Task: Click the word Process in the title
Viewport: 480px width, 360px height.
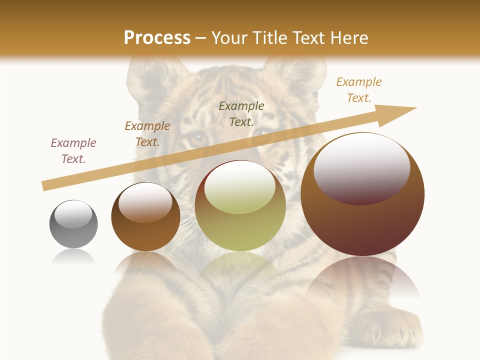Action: point(157,37)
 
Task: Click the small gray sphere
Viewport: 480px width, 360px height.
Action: point(73,224)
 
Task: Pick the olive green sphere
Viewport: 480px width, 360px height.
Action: point(240,205)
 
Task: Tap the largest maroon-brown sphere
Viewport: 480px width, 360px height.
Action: point(362,194)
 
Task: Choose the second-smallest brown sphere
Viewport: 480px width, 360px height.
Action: point(145,216)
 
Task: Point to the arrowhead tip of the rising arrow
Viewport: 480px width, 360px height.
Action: point(416,108)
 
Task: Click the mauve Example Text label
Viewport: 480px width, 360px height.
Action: point(73,151)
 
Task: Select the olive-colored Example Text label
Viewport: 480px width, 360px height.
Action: point(241,113)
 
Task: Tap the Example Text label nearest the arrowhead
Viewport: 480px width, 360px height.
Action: point(359,90)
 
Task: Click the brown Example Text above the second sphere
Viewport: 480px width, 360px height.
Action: point(147,134)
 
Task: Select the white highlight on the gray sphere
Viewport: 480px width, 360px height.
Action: point(73,213)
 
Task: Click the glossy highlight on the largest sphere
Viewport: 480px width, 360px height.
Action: point(362,167)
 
